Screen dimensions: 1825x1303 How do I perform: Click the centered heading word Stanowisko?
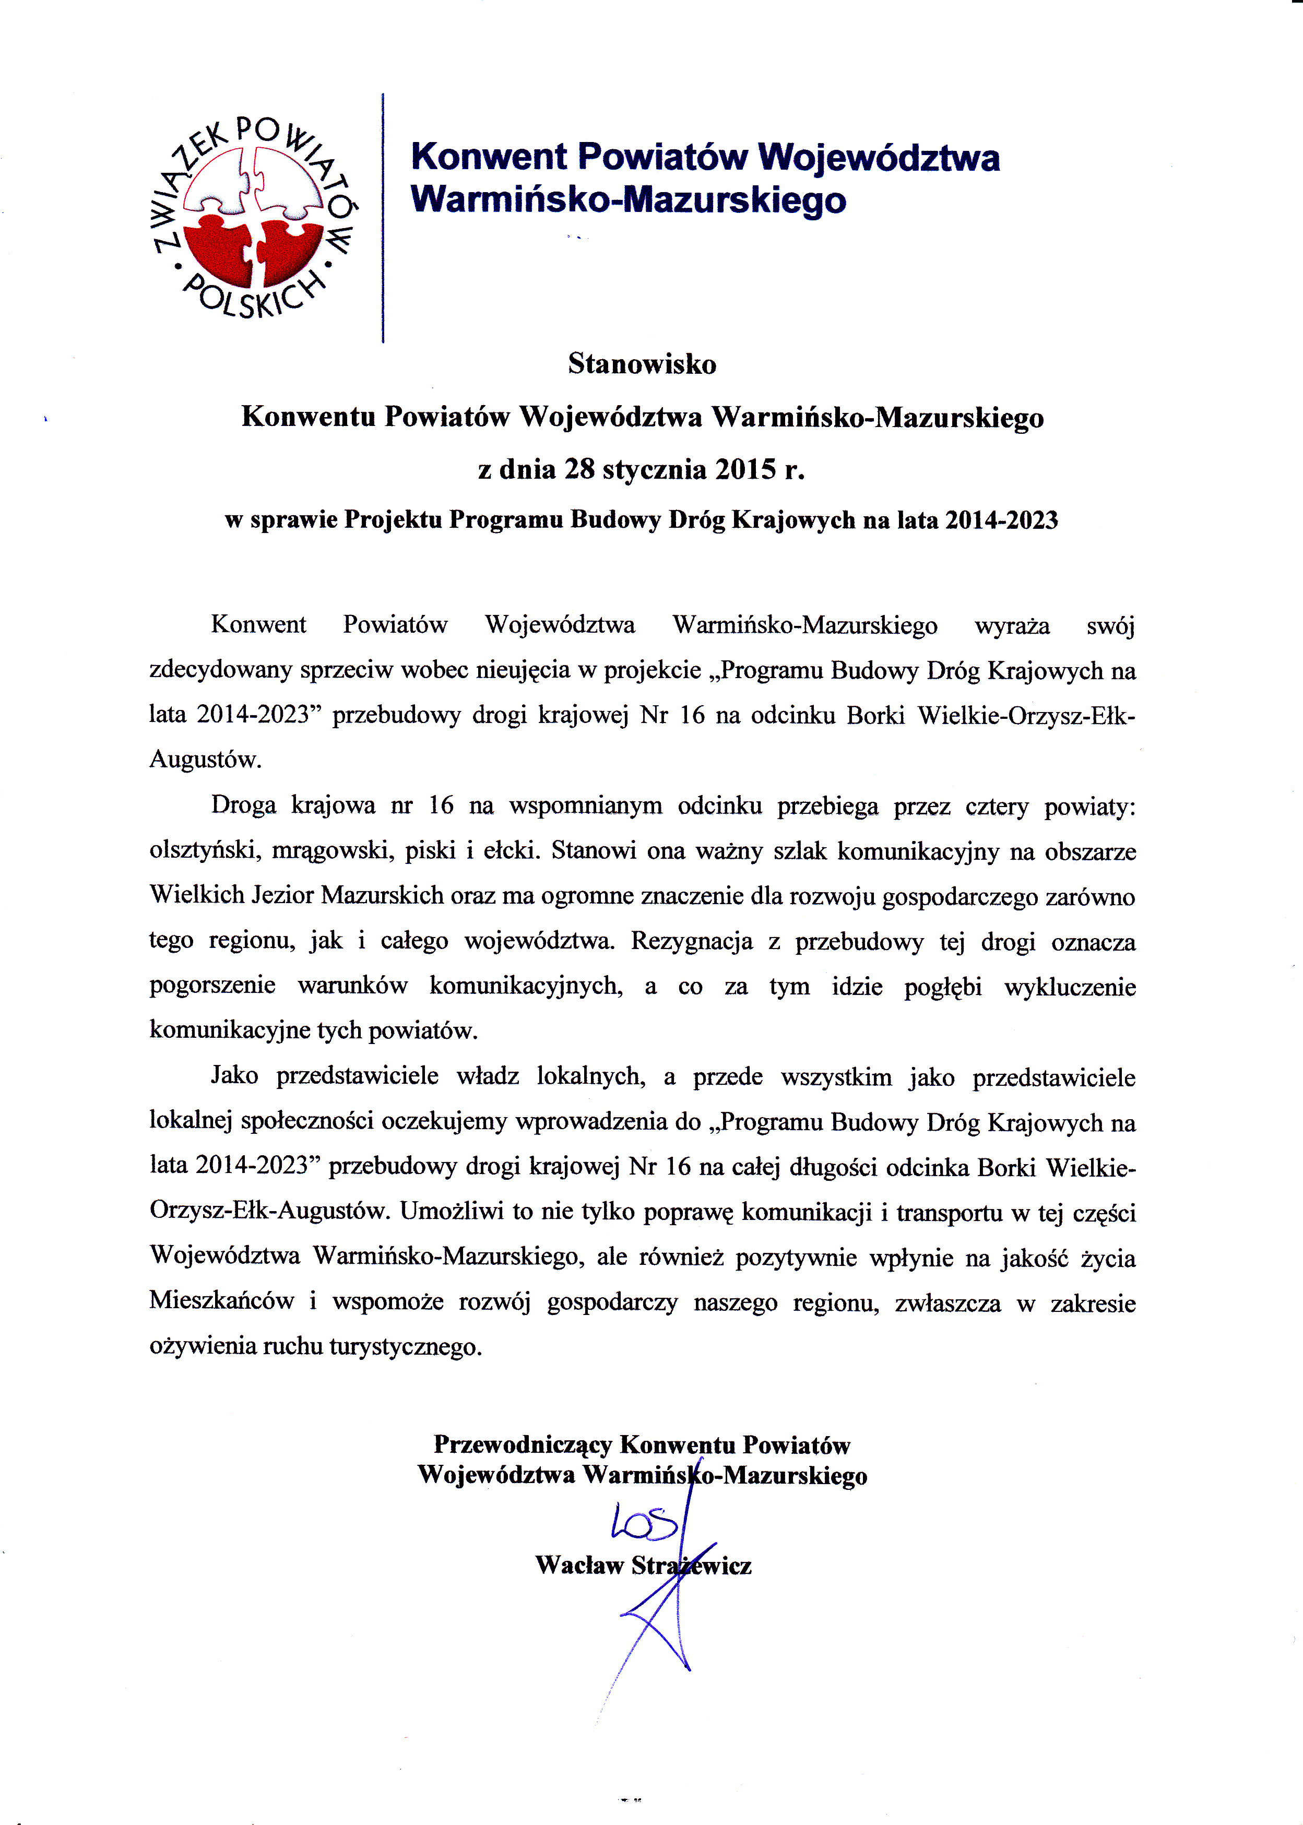click(642, 364)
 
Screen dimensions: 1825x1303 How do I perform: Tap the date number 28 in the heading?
click(579, 469)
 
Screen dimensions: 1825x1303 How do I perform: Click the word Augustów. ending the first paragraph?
click(205, 760)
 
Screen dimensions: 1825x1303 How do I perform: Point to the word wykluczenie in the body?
click(1070, 986)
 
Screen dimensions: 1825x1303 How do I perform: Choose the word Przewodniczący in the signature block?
click(523, 1445)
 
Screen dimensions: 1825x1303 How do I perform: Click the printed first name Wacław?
click(578, 1565)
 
